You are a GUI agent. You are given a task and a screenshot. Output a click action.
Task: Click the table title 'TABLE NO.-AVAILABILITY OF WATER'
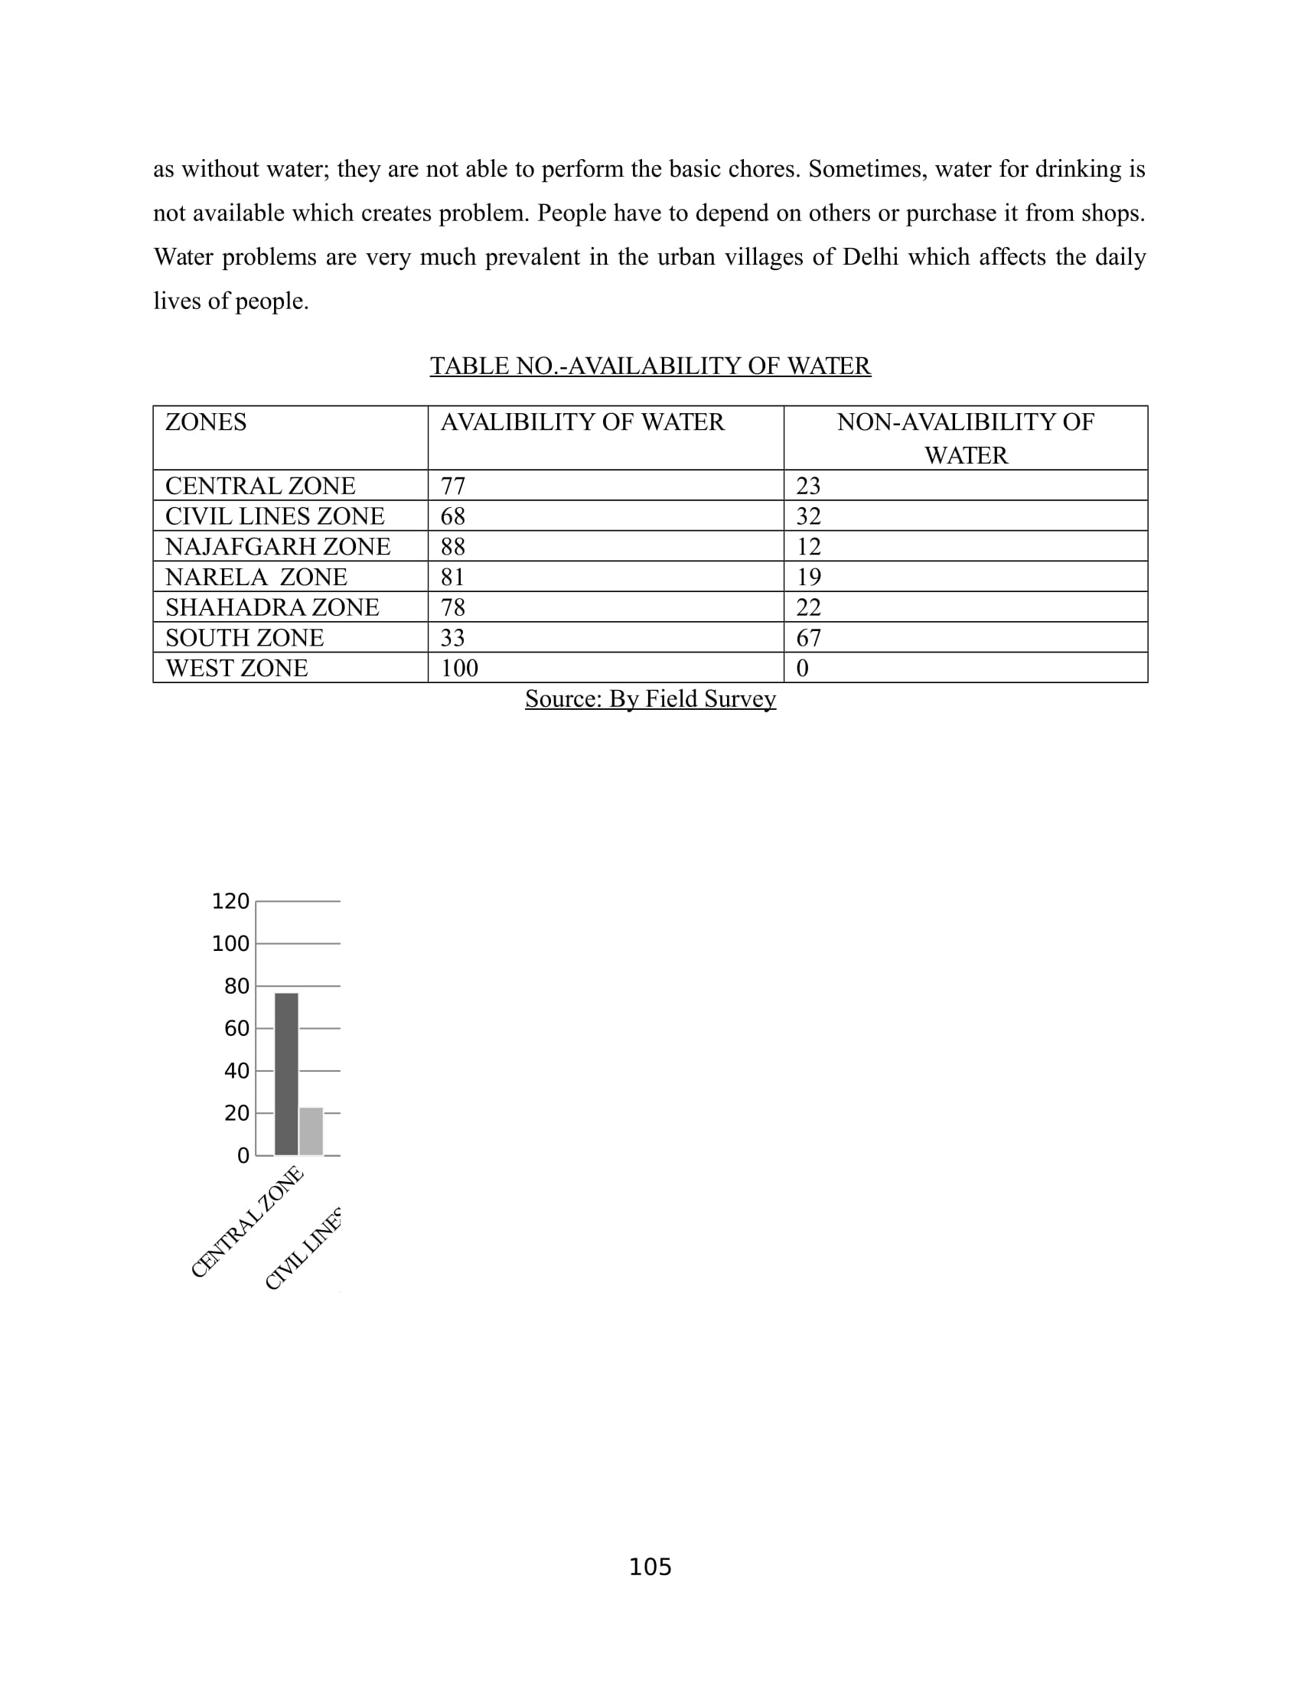[x=650, y=365]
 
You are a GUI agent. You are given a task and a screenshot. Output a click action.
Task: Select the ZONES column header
[x=206, y=422]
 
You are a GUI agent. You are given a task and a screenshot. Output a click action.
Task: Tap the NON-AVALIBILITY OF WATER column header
[x=965, y=438]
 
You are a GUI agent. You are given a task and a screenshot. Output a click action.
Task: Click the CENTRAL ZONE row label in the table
[x=259, y=487]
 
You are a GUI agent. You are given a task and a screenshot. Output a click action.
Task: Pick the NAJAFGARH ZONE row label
[x=278, y=546]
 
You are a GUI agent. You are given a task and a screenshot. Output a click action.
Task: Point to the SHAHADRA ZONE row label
[x=272, y=607]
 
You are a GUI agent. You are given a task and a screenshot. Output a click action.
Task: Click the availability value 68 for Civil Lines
[x=452, y=516]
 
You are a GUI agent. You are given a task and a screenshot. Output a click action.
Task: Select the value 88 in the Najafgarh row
[x=452, y=546]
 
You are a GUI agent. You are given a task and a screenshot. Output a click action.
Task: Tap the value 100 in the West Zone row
[x=458, y=668]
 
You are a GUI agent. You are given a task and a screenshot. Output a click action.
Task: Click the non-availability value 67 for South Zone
[x=807, y=638]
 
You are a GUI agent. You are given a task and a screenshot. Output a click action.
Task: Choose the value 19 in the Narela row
[x=807, y=577]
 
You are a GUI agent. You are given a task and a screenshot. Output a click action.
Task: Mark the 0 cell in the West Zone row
[x=801, y=668]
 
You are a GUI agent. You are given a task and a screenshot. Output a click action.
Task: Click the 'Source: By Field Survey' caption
[x=650, y=699]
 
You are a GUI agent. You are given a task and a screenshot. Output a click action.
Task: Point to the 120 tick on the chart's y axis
[x=230, y=901]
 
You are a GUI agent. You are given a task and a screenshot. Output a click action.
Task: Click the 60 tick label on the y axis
[x=236, y=1028]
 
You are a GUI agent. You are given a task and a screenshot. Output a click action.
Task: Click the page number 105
[x=650, y=1567]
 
